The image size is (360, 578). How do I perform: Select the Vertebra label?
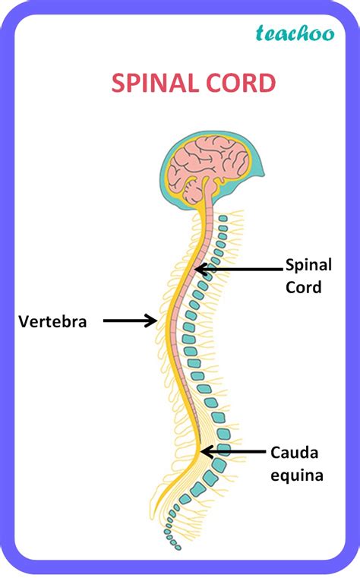(x=52, y=322)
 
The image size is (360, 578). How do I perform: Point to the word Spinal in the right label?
(x=309, y=265)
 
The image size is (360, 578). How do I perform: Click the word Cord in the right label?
(x=304, y=287)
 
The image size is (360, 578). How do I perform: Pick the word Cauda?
(x=295, y=453)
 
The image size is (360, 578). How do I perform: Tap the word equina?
(x=297, y=476)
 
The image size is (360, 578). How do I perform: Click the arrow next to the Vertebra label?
(x=129, y=321)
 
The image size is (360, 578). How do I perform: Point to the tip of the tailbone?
(x=178, y=547)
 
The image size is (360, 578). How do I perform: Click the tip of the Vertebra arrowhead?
(x=156, y=321)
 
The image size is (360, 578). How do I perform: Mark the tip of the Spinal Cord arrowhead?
(x=195, y=268)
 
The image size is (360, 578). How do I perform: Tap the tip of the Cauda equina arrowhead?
(x=201, y=451)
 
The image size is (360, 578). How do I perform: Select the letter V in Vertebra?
(x=24, y=322)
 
